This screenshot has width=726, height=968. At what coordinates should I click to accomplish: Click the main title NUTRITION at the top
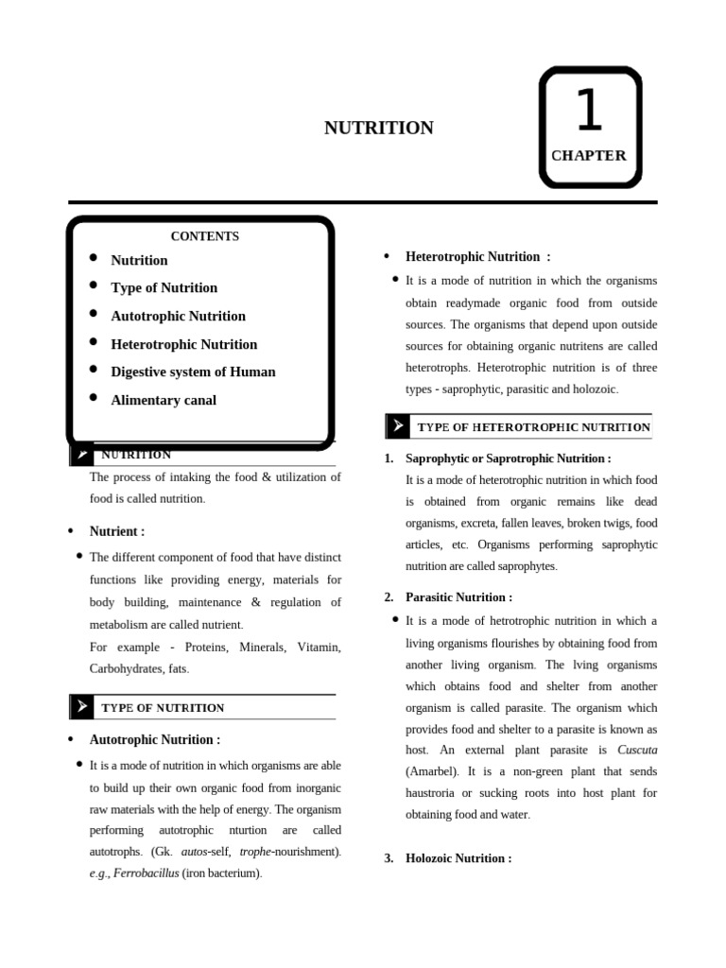tap(378, 128)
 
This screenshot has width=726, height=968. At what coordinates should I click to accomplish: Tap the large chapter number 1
tap(588, 111)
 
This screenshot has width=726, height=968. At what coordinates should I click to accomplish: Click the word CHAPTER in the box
tap(589, 155)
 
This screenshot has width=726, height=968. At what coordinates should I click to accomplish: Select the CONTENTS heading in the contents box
tap(204, 236)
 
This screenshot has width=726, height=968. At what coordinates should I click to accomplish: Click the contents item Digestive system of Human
tap(193, 372)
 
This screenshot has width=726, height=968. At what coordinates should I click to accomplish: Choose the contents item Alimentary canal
tap(164, 400)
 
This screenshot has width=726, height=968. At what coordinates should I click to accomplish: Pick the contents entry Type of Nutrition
tap(164, 287)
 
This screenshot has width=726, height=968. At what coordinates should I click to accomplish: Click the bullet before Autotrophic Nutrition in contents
tap(94, 314)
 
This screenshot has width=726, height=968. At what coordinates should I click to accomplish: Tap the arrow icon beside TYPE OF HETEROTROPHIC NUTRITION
tap(398, 426)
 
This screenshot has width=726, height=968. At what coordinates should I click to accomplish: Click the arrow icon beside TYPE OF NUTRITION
tap(82, 706)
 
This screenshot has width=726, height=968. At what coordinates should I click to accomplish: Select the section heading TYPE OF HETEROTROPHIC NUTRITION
tap(533, 427)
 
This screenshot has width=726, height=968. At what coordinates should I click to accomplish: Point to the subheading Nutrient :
tap(116, 531)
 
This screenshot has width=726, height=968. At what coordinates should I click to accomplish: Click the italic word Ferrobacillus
tap(146, 873)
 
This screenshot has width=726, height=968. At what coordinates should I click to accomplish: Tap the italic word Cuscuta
tap(636, 750)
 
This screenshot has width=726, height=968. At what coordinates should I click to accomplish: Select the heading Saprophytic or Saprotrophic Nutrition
tap(508, 458)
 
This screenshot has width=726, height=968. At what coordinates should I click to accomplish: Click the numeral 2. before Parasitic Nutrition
tap(389, 597)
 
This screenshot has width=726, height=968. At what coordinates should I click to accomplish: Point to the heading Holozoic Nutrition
tap(458, 858)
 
